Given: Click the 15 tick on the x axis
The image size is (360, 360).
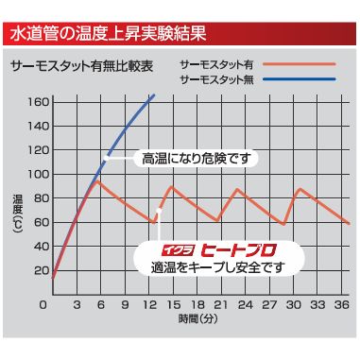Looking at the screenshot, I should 172,306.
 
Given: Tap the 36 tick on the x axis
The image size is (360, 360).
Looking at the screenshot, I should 342,306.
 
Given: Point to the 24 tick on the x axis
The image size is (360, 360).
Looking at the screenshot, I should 244,306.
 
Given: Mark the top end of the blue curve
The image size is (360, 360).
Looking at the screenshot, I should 153,94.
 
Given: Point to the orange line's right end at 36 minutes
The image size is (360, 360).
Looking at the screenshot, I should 349,224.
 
